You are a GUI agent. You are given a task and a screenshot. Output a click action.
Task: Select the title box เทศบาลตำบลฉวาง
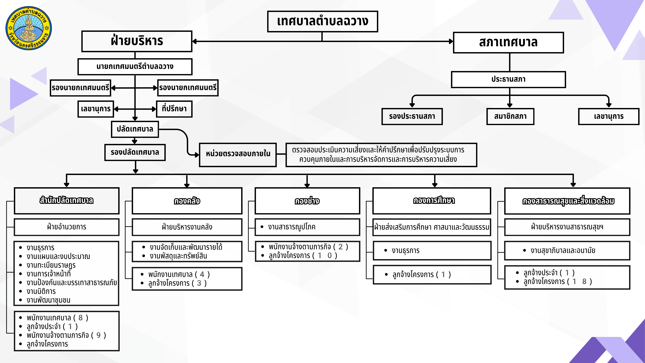(322, 21)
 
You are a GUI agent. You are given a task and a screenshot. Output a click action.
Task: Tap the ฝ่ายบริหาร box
(137, 41)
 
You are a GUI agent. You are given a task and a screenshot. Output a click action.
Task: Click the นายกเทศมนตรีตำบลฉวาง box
(135, 67)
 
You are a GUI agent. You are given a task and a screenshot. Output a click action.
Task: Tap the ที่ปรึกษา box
(174, 109)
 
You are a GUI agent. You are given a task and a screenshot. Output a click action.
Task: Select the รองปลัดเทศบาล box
(135, 152)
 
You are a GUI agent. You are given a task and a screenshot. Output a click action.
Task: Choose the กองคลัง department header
(187, 201)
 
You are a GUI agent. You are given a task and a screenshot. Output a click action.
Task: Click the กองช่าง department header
(307, 201)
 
